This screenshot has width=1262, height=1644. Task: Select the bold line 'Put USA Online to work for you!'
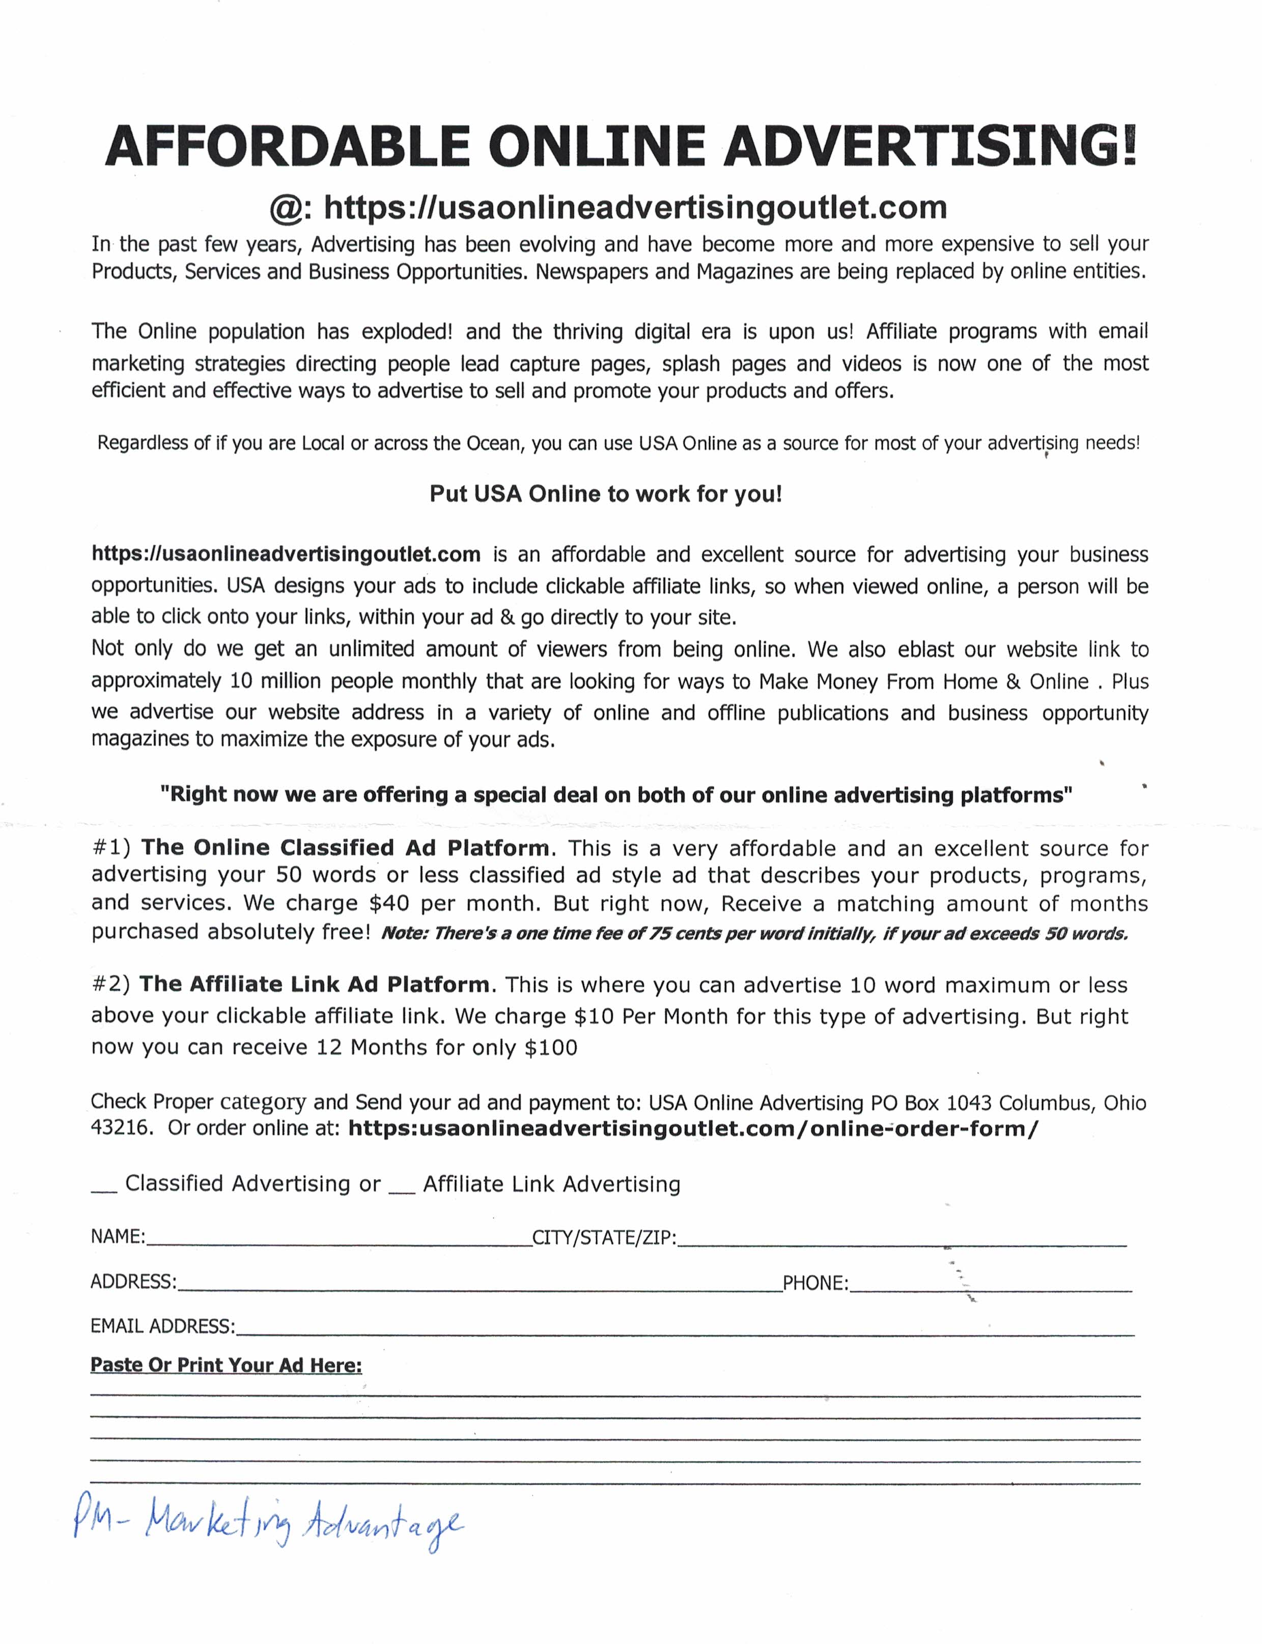605,494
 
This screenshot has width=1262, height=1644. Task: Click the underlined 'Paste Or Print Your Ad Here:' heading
226,1365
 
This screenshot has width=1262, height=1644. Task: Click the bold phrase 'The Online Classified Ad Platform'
345,848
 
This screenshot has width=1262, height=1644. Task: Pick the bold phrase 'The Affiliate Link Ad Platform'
314,984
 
